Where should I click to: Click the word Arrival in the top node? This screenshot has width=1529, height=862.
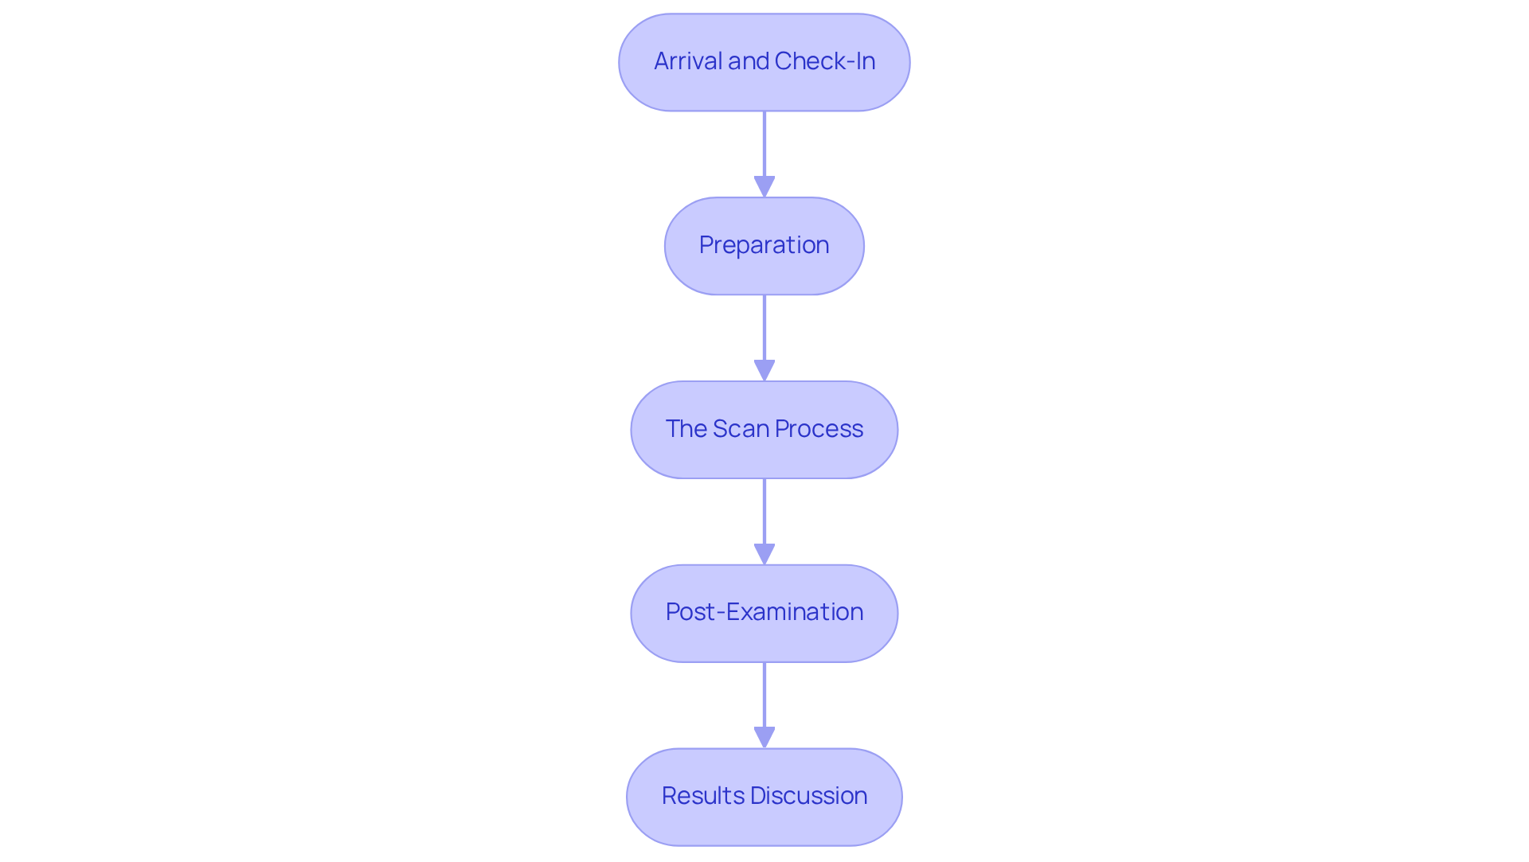(x=688, y=61)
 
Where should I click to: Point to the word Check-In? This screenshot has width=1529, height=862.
(x=825, y=61)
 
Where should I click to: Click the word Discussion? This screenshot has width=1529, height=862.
(x=808, y=796)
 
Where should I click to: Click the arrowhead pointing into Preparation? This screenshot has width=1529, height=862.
(x=764, y=186)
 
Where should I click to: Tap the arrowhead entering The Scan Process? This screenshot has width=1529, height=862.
(x=764, y=370)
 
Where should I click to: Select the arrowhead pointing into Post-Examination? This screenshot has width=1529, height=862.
(x=764, y=554)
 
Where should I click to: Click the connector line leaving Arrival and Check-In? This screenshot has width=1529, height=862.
(x=764, y=143)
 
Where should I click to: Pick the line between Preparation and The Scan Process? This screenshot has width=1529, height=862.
(x=764, y=327)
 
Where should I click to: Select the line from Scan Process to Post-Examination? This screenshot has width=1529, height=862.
(x=764, y=511)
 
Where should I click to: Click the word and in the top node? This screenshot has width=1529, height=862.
(x=749, y=61)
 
